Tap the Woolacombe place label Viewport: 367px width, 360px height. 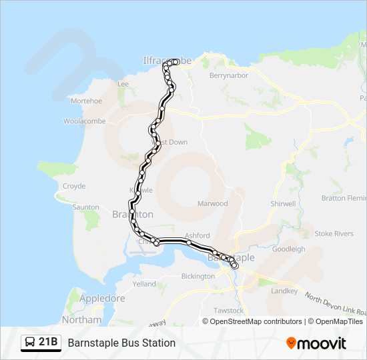pos(81,121)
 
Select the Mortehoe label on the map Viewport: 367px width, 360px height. pos(86,101)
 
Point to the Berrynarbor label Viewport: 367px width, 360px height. pos(229,76)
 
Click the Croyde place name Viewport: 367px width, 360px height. pos(74,186)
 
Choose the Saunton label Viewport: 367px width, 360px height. pos(86,207)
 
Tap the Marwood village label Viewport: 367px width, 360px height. pos(212,203)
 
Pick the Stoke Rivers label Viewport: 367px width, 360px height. pos(334,233)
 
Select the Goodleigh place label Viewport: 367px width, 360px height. pos(289,249)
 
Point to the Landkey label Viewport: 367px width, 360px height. pos(284,291)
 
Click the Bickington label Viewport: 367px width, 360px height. pos(198,275)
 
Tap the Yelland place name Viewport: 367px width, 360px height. pos(144,283)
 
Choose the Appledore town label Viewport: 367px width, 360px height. pos(102,299)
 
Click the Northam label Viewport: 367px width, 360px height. pos(81,319)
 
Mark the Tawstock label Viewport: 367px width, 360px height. pos(229,311)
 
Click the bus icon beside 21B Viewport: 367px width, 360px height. pos(31,343)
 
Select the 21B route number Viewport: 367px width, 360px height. pos(48,343)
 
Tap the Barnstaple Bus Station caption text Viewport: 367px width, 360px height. pos(121,343)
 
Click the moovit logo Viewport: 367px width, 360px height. pos(316,343)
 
